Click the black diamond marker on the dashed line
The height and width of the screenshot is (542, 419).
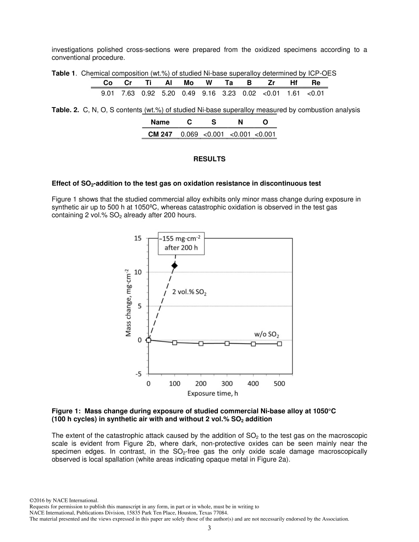coord(175,265)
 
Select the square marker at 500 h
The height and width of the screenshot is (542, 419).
coord(279,344)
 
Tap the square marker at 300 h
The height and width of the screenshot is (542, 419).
coord(227,343)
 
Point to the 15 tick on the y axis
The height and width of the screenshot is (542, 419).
coord(138,238)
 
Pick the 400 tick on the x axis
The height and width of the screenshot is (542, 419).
coord(253,384)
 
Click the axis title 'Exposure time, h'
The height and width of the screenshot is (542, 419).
coord(213,394)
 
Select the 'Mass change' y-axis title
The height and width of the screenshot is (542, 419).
coord(128,302)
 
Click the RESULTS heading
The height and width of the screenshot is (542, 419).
coord(209,159)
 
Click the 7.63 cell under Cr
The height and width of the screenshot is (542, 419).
coord(128,93)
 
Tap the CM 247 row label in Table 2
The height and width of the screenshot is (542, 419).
coord(160,134)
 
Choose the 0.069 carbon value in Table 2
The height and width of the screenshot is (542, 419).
coord(189,134)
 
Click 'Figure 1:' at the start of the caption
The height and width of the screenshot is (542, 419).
coord(66,411)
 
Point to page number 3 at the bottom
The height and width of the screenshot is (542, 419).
coord(209,528)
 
